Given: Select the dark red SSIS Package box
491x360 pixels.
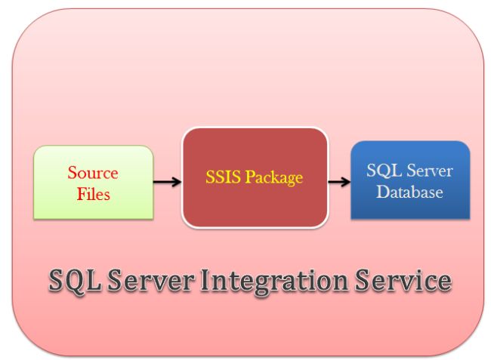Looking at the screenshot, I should click(x=254, y=178).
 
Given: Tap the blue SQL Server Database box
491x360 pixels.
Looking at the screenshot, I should click(x=410, y=182).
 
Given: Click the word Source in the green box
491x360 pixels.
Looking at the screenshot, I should click(x=93, y=173).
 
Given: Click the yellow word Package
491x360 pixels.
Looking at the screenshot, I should click(x=273, y=178).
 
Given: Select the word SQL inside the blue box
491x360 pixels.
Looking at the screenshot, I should click(x=381, y=171).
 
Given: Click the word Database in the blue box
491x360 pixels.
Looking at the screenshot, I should click(x=410, y=192).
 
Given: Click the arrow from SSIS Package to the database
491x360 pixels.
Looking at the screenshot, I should click(x=338, y=182).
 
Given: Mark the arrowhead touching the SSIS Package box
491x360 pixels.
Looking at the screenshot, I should click(x=177, y=182).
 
